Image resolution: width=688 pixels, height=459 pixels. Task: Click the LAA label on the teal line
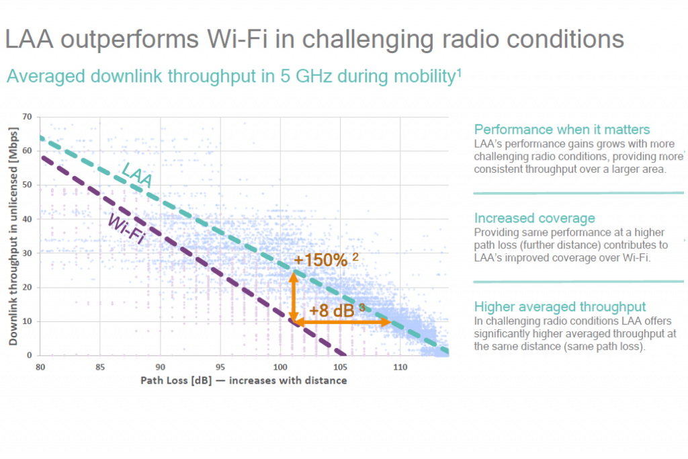pyautogui.click(x=137, y=174)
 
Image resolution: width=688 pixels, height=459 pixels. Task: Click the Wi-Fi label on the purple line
pyautogui.click(x=126, y=228)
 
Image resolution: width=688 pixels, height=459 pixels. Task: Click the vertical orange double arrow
pyautogui.click(x=294, y=297)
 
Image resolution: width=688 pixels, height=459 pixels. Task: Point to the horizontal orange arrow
pyautogui.click(x=342, y=323)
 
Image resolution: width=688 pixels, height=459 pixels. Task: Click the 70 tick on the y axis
pyautogui.click(x=27, y=117)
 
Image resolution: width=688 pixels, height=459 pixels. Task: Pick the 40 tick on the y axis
pyautogui.click(x=27, y=219)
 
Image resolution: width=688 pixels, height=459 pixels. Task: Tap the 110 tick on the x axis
pyautogui.click(x=400, y=367)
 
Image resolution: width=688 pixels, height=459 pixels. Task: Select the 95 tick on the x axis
pyautogui.click(x=220, y=367)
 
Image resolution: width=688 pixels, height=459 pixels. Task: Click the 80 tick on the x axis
pyautogui.click(x=40, y=367)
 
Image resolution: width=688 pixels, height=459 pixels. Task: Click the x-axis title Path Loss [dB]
pyautogui.click(x=176, y=380)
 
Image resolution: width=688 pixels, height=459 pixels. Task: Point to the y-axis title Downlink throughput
pyautogui.click(x=13, y=236)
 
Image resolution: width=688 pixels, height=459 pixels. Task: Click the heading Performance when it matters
pyautogui.click(x=562, y=130)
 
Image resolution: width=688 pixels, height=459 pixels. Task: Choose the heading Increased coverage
pyautogui.click(x=534, y=218)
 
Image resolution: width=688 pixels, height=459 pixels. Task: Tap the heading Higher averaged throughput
pyautogui.click(x=560, y=306)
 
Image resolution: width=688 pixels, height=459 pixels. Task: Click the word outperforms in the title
pyautogui.click(x=130, y=40)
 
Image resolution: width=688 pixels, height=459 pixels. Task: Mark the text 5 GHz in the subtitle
pyautogui.click(x=306, y=76)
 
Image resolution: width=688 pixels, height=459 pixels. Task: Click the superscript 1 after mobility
pyautogui.click(x=459, y=72)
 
